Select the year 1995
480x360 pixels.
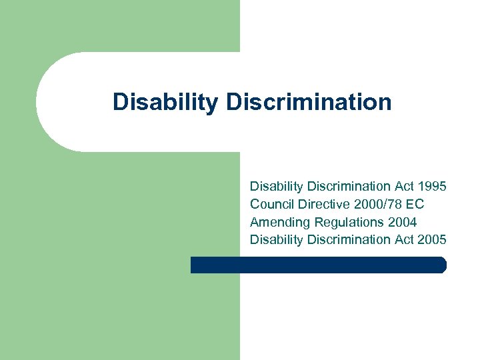coord(432,187)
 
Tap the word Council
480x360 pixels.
coord(271,204)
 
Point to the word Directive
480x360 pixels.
coord(319,204)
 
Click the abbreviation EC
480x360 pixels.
coord(415,204)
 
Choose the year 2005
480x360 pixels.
coord(432,239)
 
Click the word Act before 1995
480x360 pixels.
coord(405,187)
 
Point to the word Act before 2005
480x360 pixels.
coord(405,239)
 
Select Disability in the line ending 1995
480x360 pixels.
coord(277,187)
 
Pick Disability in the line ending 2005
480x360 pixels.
coord(277,239)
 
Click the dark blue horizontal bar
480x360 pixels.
coord(318,265)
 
